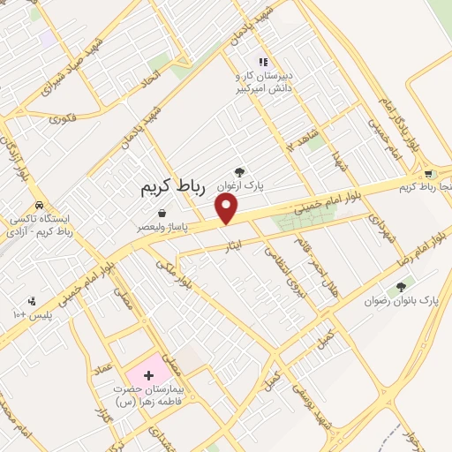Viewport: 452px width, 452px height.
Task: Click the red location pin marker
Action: [x=227, y=207]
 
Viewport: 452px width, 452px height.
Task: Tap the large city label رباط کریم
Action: [x=177, y=188]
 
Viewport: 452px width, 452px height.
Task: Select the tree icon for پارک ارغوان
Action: [x=238, y=172]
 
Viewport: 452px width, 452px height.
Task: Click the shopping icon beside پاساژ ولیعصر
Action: [x=163, y=213]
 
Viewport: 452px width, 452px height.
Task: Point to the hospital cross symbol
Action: [x=147, y=375]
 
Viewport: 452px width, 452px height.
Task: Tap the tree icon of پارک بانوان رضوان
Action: [x=403, y=286]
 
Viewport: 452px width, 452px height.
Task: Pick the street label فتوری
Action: [x=64, y=117]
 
